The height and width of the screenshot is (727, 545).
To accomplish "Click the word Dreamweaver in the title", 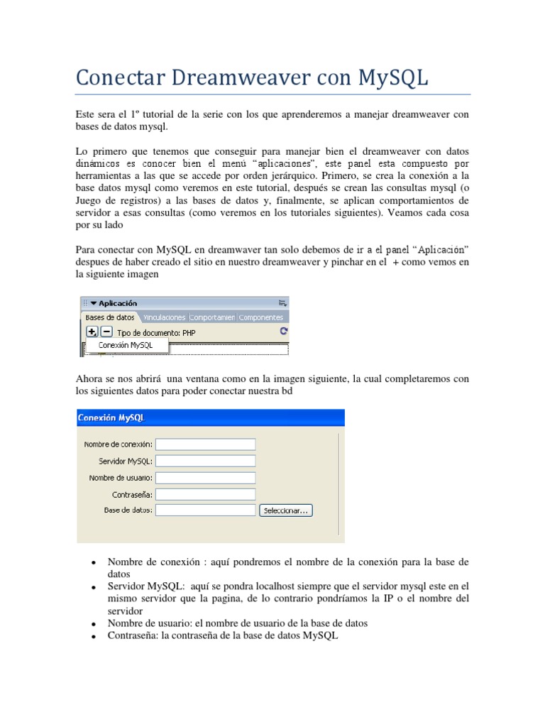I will coord(238,77).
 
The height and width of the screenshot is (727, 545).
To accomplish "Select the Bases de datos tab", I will coord(110,317).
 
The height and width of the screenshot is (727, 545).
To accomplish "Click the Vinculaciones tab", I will coord(164,317).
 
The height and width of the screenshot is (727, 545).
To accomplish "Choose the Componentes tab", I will coord(261,317).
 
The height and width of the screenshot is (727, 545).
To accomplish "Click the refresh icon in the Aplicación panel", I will coord(284,331).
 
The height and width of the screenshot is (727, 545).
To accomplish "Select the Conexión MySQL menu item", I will coord(126,345).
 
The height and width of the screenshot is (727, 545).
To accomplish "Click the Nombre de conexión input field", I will coord(205,444).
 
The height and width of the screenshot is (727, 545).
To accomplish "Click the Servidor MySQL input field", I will coord(205,461).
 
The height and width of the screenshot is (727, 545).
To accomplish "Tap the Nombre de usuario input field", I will coord(205,477).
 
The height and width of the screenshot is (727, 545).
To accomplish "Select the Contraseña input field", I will coord(205,493).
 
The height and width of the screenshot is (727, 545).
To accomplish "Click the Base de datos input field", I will coord(205,510).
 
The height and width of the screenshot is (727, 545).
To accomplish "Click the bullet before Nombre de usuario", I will coord(94,624).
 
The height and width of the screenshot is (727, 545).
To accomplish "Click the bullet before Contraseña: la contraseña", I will coord(94,637).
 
